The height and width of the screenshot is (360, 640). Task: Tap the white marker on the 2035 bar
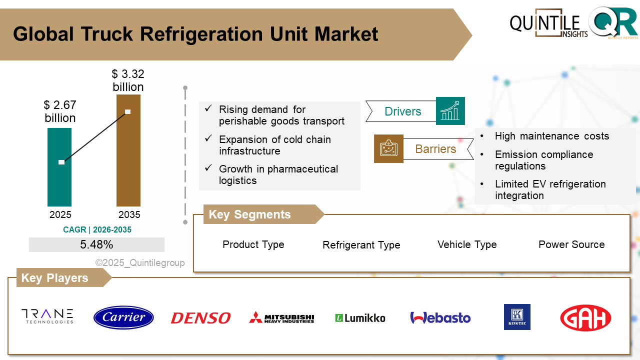tap(128, 111)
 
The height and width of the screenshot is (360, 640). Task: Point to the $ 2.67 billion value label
tap(60, 111)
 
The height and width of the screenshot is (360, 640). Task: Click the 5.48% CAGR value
tap(96, 244)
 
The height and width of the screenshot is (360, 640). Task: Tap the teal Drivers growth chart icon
tap(450, 111)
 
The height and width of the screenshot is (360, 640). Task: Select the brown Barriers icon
tap(388, 148)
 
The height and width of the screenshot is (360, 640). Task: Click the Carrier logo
tap(123, 317)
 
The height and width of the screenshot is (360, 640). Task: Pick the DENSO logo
tap(200, 318)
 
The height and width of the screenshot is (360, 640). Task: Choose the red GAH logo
tap(585, 318)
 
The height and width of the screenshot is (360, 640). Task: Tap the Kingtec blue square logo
tap(517, 317)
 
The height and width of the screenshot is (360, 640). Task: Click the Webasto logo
tap(440, 318)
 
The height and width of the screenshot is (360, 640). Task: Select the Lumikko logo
tap(360, 318)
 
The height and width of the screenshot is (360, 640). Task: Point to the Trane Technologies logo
tap(47, 316)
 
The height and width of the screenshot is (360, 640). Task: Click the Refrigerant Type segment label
tap(361, 245)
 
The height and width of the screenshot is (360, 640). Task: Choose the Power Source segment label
tap(571, 244)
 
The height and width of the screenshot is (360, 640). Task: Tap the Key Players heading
tap(54, 278)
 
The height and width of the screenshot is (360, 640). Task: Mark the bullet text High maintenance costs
tap(551, 136)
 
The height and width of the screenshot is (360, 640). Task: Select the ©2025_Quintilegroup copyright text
tap(140, 262)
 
